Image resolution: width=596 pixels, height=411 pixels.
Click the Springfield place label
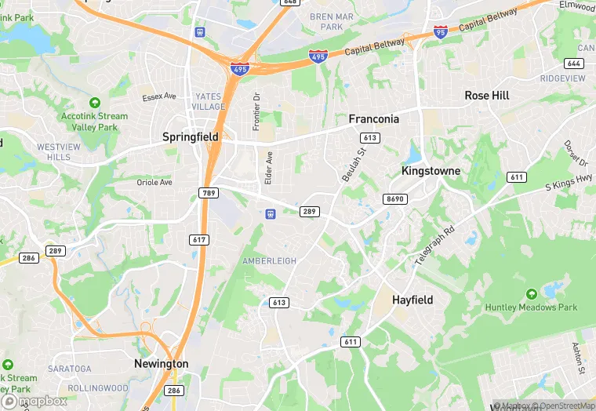pos(191,136)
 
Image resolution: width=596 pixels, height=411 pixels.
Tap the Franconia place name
pos(373,119)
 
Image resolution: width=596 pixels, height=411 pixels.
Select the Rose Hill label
pos(487,96)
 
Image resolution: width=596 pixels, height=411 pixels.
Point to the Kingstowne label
pos(431,170)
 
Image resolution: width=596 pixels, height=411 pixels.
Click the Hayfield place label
pos(412,300)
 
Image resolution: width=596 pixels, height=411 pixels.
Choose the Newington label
pos(162,364)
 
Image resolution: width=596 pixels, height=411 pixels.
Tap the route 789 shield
pos(208,193)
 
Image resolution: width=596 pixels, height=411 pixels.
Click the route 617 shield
pos(199,239)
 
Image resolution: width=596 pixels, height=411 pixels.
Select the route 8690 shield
pos(394,199)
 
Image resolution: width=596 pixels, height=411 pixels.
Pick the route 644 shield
pos(573,63)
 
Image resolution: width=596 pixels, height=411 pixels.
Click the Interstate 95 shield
pos(441,32)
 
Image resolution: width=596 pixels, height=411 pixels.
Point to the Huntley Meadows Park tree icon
pos(532,294)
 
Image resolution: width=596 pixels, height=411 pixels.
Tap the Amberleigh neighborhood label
pos(269,261)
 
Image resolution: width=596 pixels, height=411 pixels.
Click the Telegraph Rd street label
pos(435,246)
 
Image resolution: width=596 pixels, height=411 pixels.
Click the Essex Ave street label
pos(159,97)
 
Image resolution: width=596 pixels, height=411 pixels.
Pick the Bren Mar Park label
pos(332,21)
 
